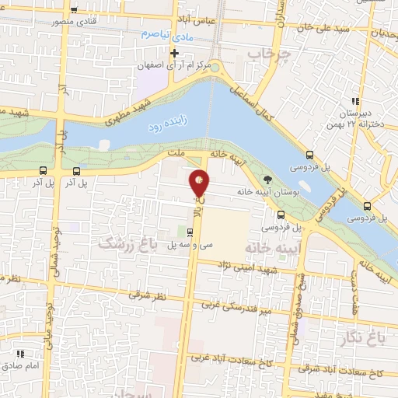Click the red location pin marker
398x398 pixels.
click(x=200, y=183)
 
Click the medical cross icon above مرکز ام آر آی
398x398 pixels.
click(x=175, y=54)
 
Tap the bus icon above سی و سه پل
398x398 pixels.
click(x=190, y=231)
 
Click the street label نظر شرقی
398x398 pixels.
click(x=152, y=296)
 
